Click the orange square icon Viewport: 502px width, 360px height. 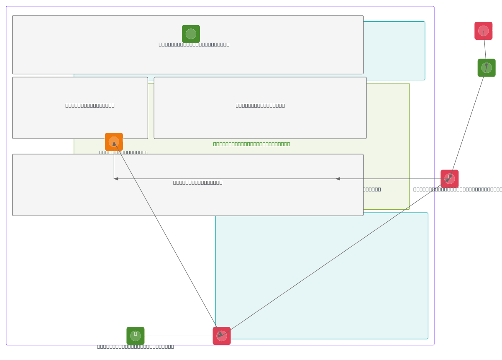[x=114, y=141]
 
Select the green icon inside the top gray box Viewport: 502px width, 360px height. [x=191, y=34]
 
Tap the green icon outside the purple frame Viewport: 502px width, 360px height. [x=486, y=68]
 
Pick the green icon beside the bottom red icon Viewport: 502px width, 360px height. [x=136, y=336]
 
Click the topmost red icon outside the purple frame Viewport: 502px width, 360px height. [x=483, y=31]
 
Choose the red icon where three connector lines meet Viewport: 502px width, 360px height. [x=449, y=179]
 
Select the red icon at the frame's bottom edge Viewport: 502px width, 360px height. [x=221, y=336]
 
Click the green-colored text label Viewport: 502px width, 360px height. [x=251, y=144]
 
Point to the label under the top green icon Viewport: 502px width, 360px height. [x=194, y=44]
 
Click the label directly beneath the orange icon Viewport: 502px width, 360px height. [x=123, y=152]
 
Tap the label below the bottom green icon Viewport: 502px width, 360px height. [x=135, y=347]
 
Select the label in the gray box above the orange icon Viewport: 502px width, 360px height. [x=90, y=105]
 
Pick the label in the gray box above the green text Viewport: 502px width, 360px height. [x=260, y=105]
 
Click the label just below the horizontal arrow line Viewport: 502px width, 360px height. [x=197, y=183]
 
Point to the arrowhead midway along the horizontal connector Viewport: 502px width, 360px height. [x=338, y=179]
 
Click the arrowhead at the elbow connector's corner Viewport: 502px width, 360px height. [x=116, y=179]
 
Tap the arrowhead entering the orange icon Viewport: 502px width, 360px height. [x=114, y=144]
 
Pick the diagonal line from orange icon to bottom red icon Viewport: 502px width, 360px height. [x=167, y=239]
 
